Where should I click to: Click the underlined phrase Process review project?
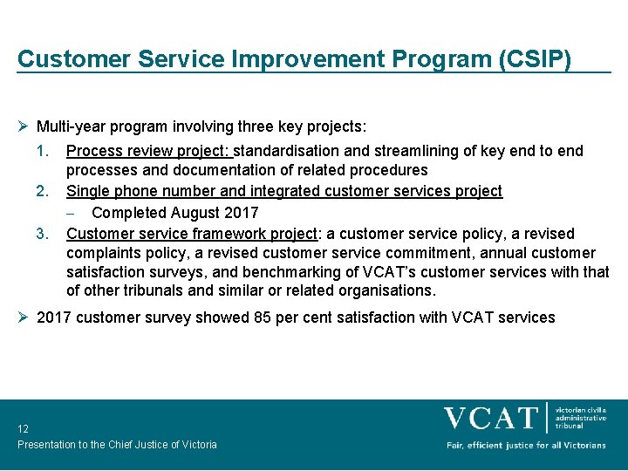[151, 151]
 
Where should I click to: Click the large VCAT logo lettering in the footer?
[491, 418]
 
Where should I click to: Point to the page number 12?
[23, 429]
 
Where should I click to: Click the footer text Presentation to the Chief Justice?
[117, 445]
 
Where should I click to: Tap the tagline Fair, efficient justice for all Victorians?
[526, 445]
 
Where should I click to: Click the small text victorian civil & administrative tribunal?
[581, 417]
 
